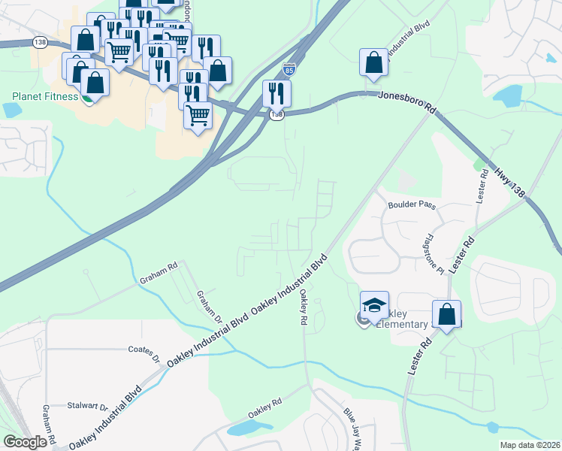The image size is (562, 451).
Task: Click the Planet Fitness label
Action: click(45, 96)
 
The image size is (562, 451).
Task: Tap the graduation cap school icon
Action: click(374, 306)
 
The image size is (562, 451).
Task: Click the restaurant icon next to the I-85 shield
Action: click(276, 93)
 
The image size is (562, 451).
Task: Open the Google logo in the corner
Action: click(26, 441)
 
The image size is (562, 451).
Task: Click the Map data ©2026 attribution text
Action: click(529, 445)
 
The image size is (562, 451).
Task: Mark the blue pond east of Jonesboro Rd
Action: click(509, 96)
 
